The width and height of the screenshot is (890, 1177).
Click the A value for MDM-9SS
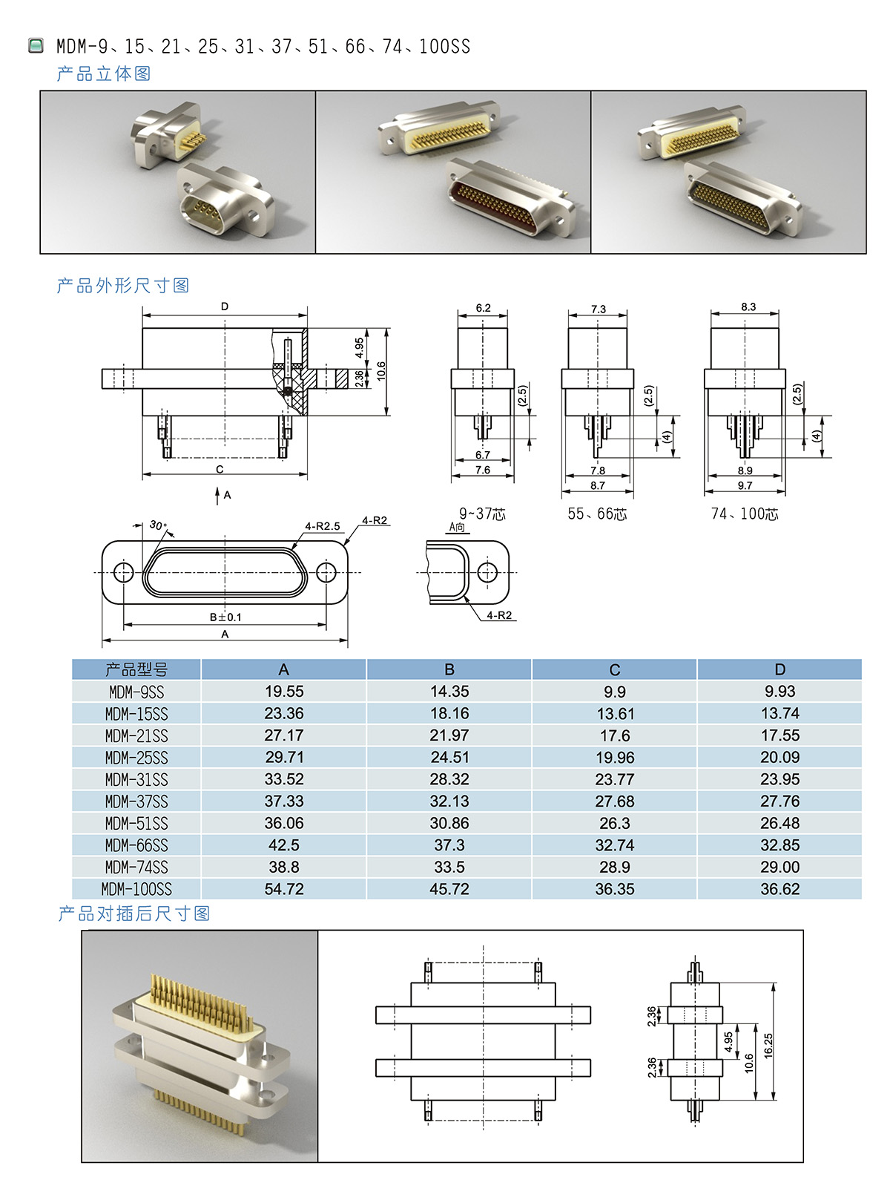pyautogui.click(x=284, y=691)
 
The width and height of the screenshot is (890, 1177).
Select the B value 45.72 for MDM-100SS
pyautogui.click(x=449, y=889)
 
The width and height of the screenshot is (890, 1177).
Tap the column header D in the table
pyautogui.click(x=779, y=669)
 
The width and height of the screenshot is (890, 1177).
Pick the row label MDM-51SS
pyautogui.click(x=136, y=823)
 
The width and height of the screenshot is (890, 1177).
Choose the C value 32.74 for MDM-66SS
pyautogui.click(x=615, y=845)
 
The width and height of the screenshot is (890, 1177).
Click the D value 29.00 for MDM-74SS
pyautogui.click(x=779, y=867)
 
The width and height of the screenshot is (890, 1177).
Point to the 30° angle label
pyautogui.click(x=158, y=525)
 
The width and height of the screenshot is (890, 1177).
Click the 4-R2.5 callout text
pyautogui.click(x=323, y=526)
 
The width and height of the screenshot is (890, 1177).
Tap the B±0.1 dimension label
pyautogui.click(x=225, y=617)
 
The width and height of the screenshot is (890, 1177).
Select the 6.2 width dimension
pyautogui.click(x=483, y=308)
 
